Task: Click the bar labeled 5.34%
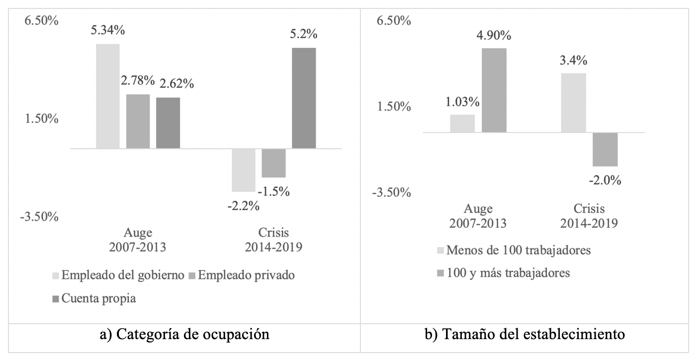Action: (107, 96)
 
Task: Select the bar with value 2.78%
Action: (138, 121)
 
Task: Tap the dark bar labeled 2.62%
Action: (168, 123)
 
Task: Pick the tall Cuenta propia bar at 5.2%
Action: (304, 98)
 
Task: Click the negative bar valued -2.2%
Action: (244, 170)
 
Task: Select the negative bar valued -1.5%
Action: (273, 163)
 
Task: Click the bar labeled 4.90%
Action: (494, 90)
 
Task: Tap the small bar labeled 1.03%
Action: (462, 123)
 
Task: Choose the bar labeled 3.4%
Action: (574, 102)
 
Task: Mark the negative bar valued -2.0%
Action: (605, 149)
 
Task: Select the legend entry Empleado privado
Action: (248, 275)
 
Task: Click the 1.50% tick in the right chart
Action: (396, 106)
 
